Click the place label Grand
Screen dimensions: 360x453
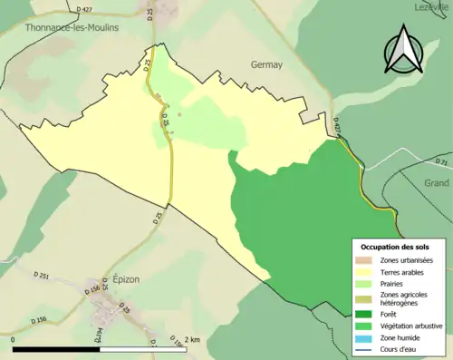436,182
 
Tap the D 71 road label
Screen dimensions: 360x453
442,162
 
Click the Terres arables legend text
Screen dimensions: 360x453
403,271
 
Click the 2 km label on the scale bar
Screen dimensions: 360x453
191,340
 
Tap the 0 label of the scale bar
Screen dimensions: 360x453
14,340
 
